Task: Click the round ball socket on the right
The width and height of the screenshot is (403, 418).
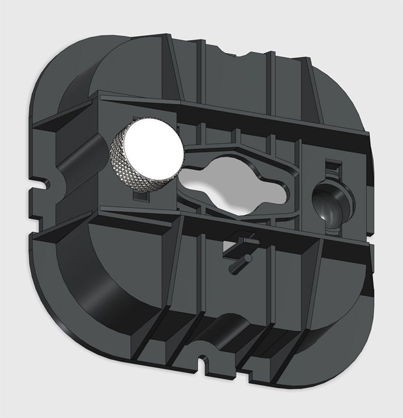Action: tap(330, 204)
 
